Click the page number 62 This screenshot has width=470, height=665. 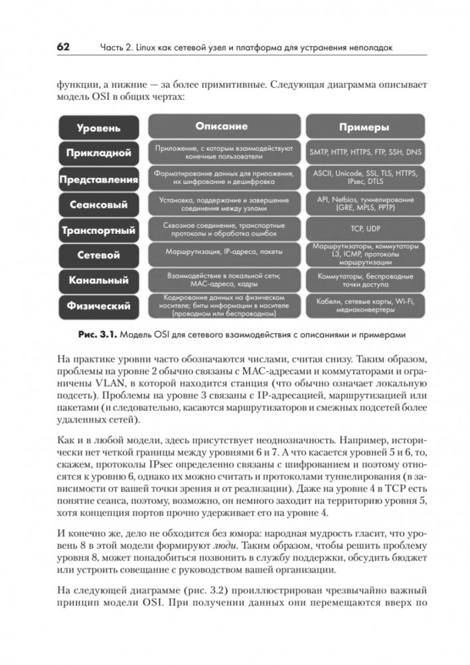[x=64, y=47]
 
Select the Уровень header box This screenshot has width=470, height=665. [x=98, y=127]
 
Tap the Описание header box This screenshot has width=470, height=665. [x=221, y=126]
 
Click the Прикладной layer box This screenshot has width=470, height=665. [x=98, y=153]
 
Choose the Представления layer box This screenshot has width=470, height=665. [x=98, y=179]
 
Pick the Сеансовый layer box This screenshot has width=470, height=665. [x=98, y=205]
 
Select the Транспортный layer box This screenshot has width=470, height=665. [x=98, y=231]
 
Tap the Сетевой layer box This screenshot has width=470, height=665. [x=98, y=255]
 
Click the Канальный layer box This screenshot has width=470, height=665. [x=98, y=280]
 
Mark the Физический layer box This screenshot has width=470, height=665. [x=98, y=306]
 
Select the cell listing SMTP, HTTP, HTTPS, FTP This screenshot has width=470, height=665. [x=364, y=152]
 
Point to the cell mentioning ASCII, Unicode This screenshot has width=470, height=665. [x=364, y=177]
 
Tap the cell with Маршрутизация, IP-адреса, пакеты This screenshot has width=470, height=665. [x=221, y=252]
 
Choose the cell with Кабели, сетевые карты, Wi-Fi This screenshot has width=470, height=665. [x=364, y=306]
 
